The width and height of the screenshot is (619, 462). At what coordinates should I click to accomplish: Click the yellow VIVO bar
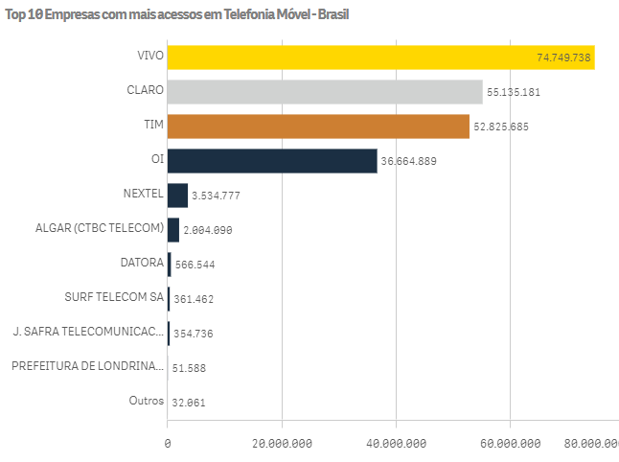pyautogui.click(x=380, y=58)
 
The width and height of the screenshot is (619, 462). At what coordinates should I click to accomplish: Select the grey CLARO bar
pyautogui.click(x=325, y=92)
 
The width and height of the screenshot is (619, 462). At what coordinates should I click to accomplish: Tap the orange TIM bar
pyautogui.click(x=318, y=127)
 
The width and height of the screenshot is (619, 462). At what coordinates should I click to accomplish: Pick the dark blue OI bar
pyautogui.click(x=272, y=161)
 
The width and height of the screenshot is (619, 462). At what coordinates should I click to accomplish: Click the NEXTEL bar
pyautogui.click(x=177, y=196)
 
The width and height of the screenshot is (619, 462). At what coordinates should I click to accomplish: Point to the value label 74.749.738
pyautogui.click(x=563, y=58)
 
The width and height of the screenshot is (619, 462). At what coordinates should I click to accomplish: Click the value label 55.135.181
pyautogui.click(x=515, y=93)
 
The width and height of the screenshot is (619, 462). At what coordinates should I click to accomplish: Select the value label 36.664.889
pyautogui.click(x=409, y=162)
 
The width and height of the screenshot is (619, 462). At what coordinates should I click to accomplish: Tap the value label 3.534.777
pyautogui.click(x=216, y=196)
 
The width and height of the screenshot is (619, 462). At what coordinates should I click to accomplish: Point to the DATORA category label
pyautogui.click(x=142, y=262)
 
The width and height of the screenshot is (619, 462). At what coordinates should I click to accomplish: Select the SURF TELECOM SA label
pyautogui.click(x=114, y=296)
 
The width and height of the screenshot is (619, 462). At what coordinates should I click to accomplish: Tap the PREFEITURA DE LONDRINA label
pyautogui.click(x=87, y=365)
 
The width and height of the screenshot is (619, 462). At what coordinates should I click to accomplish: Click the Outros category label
pyautogui.click(x=146, y=400)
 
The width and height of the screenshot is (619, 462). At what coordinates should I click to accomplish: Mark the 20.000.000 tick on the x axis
pyautogui.click(x=282, y=443)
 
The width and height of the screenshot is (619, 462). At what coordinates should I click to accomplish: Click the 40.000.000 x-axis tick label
pyautogui.click(x=397, y=443)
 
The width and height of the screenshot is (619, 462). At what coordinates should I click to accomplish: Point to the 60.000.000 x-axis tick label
pyautogui.click(x=511, y=443)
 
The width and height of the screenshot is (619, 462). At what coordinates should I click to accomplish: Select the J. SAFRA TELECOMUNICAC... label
pyautogui.click(x=88, y=331)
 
